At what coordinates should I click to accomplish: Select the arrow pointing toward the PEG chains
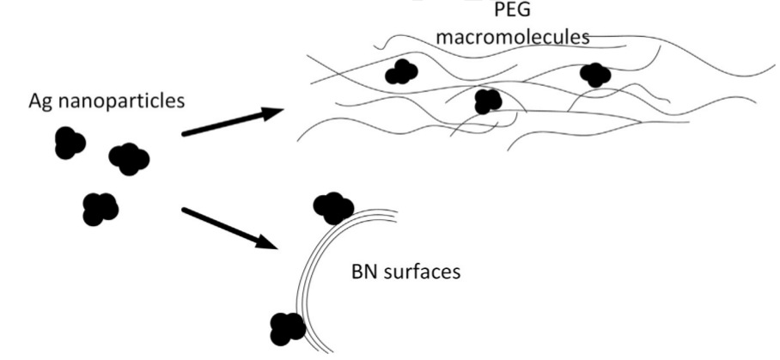pos(232,122)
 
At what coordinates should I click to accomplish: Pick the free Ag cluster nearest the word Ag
pos(69,143)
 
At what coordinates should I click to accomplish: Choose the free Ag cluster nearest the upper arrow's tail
pos(129,159)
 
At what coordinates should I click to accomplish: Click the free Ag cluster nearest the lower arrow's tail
pos(100,209)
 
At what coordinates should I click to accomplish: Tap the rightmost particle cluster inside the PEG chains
pos(594,75)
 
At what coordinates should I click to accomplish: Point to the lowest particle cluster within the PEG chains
pos(487,101)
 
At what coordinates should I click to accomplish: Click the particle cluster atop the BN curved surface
pos(333,206)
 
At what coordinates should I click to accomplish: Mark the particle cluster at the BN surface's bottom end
pos(286,327)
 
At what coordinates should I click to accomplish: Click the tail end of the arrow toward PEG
pos(185,134)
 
